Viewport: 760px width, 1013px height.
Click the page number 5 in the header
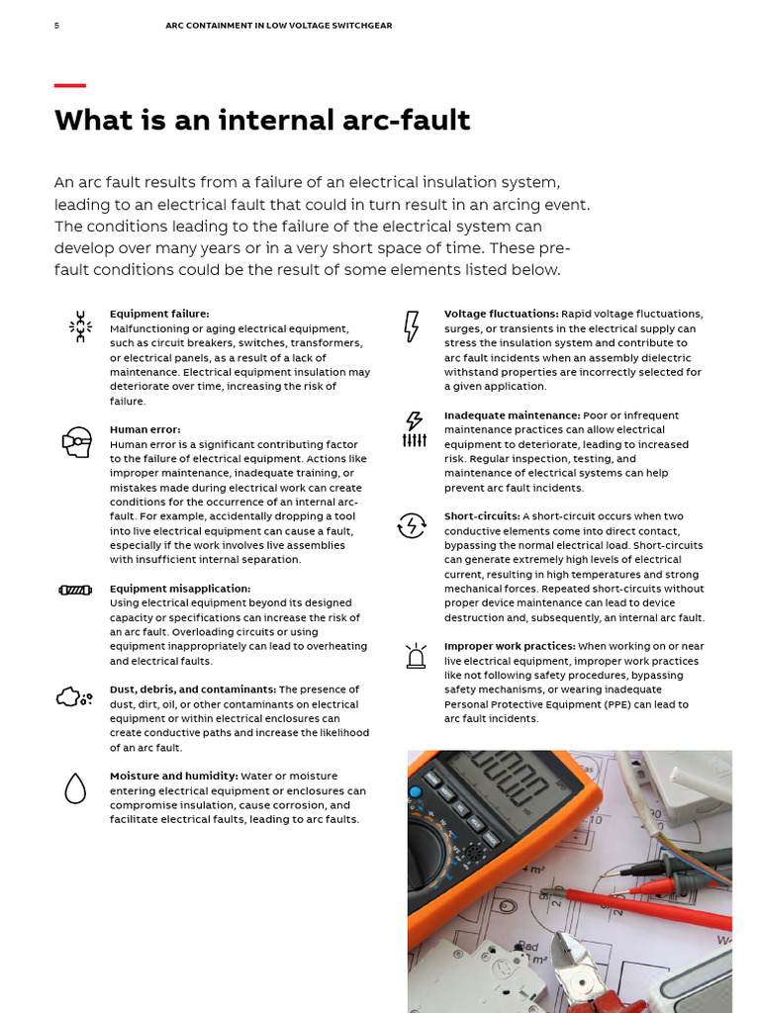point(56,26)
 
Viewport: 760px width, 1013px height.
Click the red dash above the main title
point(69,86)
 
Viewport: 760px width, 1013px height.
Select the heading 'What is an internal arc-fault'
point(262,121)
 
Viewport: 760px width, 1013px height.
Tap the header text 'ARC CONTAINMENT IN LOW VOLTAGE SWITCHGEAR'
point(278,26)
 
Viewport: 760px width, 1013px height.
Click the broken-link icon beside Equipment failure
point(79,326)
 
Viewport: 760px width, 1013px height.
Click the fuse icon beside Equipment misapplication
point(76,591)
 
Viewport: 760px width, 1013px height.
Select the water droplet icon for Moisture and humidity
point(75,787)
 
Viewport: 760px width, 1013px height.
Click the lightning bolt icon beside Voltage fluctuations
point(412,325)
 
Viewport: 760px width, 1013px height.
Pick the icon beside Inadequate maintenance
point(414,429)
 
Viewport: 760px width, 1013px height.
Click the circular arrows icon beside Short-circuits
point(412,525)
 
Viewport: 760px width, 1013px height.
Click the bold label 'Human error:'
point(144,430)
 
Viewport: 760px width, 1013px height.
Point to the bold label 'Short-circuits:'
point(481,516)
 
